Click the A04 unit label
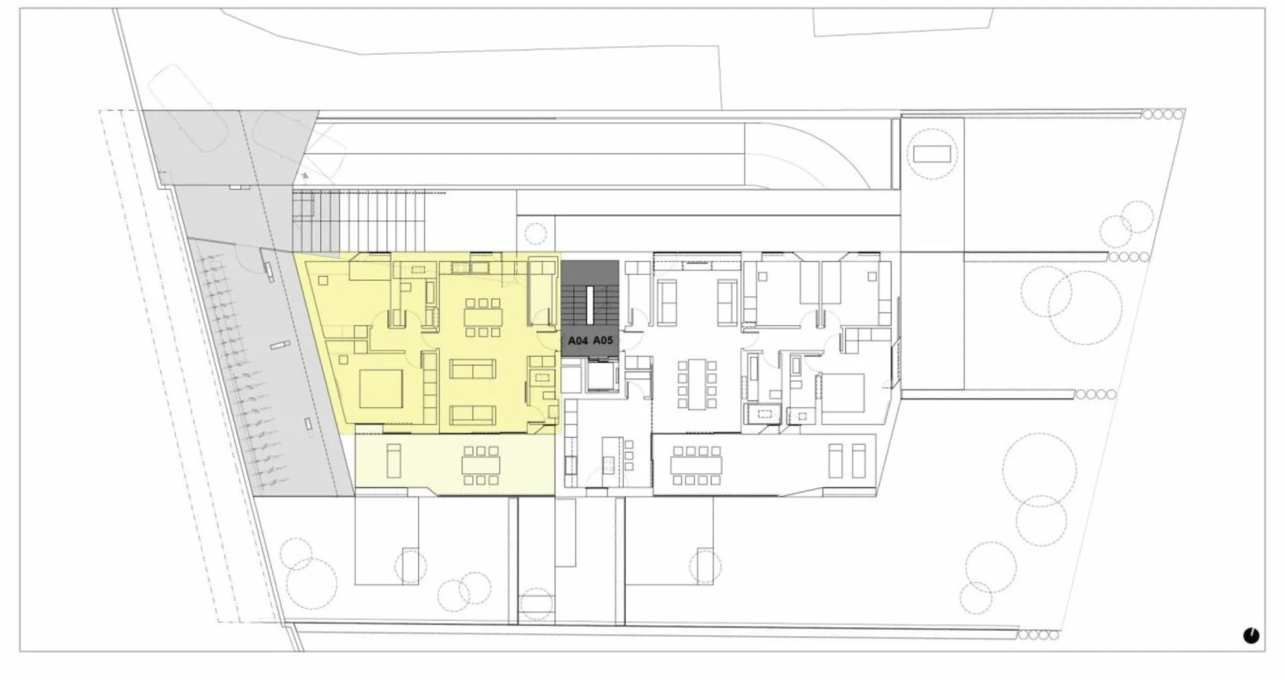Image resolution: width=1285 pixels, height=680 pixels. pos(578,341)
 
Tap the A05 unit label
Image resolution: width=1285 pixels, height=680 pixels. pos(603,341)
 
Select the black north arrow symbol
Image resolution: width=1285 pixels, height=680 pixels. pos(1251,635)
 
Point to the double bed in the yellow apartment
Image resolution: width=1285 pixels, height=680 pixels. pos(381,389)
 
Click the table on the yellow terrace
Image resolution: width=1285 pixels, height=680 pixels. pos(481,465)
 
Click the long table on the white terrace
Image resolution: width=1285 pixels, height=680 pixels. pos(697,464)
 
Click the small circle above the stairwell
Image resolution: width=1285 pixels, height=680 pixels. pos(535,233)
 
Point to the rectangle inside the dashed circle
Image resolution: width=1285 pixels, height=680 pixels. pos(932,153)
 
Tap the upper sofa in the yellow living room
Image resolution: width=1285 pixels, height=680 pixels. pos(473,369)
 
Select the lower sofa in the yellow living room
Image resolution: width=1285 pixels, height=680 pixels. pos(473,415)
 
